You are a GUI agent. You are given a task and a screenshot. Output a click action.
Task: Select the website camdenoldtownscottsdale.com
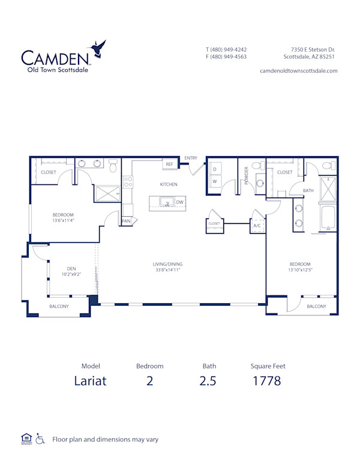(298, 70)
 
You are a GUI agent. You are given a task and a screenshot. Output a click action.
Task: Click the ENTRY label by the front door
(191, 158)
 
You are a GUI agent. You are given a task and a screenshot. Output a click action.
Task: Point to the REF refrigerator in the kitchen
(169, 164)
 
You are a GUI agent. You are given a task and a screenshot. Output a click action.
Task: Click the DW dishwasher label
(179, 202)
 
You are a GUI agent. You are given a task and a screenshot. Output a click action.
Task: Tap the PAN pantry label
(126, 221)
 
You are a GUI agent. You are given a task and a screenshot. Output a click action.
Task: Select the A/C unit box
(257, 226)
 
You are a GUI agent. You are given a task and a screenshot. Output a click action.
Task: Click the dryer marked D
(214, 169)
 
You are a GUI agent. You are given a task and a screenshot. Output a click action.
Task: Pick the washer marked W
(214, 182)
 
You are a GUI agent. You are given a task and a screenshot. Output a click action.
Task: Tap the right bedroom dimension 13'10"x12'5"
(300, 270)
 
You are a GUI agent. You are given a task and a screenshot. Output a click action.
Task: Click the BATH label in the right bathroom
(308, 191)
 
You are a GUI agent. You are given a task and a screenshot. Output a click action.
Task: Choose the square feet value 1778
(267, 380)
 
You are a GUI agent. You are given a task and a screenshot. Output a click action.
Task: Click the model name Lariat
(91, 380)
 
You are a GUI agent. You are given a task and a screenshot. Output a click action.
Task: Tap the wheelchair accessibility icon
(40, 439)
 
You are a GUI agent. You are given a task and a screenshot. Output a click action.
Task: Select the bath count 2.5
(209, 380)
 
